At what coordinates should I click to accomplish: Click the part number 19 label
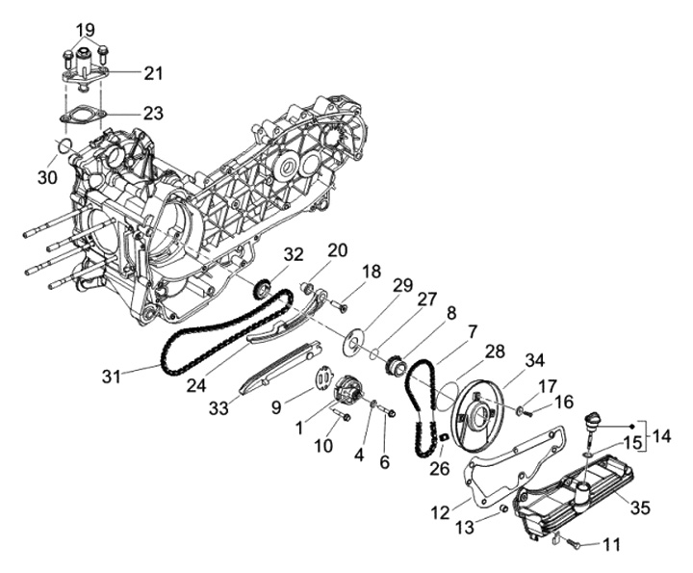click(87, 30)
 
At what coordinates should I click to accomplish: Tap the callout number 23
click(153, 113)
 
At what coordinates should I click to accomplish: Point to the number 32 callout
click(294, 255)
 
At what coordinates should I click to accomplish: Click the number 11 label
click(611, 546)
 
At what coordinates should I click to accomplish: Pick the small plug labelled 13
click(503, 508)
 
